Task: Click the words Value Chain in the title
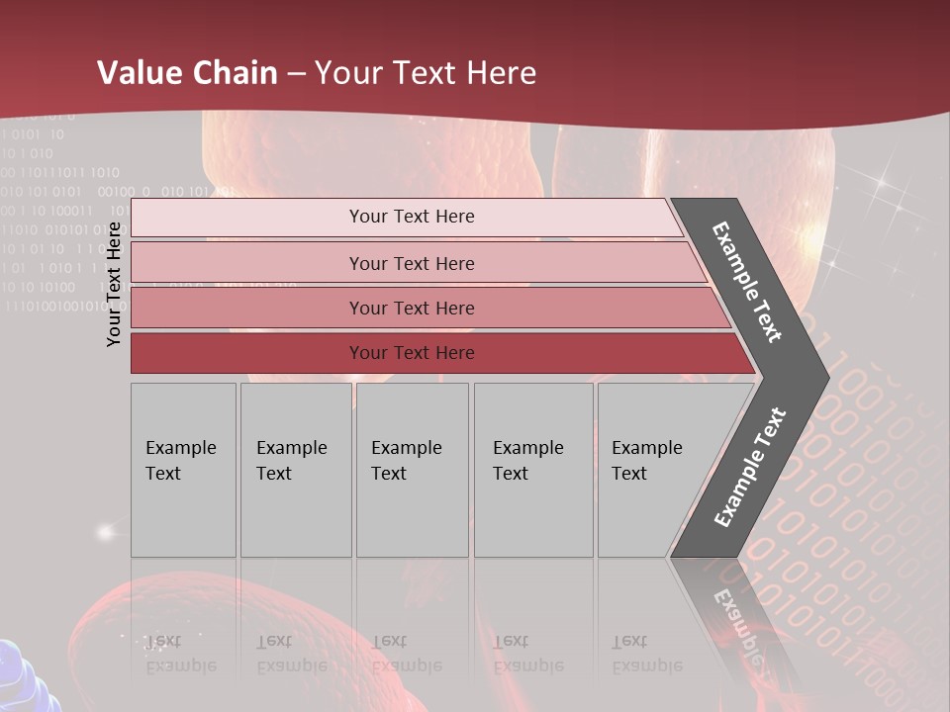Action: coord(187,73)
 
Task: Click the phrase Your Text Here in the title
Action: coord(426,73)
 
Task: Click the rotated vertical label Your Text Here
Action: coord(114,284)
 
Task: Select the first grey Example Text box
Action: coord(183,470)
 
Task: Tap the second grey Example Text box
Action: coord(296,470)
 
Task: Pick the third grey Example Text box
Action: coord(412,470)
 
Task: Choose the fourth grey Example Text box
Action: coord(533,470)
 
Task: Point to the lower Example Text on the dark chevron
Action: coord(750,467)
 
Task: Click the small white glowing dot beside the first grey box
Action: coord(105,532)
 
